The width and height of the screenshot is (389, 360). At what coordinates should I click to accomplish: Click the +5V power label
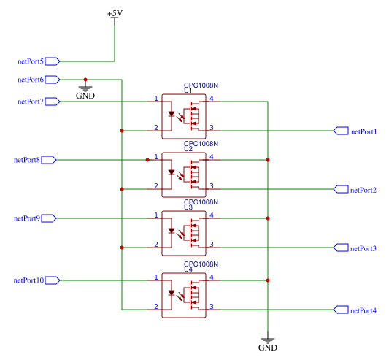tap(115, 13)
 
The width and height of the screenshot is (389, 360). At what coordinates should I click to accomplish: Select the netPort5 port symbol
tap(53, 61)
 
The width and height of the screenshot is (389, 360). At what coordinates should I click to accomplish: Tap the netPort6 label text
tap(31, 80)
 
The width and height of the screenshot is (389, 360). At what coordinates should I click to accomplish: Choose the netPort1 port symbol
tap(341, 131)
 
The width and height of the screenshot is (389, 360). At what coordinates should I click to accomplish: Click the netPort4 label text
tap(363, 310)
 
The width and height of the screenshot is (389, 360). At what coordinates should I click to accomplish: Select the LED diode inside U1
tap(172, 114)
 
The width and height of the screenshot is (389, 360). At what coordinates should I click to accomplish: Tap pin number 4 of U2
tap(212, 157)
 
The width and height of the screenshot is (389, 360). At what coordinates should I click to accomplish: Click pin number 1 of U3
tap(156, 215)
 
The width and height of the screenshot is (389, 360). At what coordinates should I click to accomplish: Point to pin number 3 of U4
tap(212, 307)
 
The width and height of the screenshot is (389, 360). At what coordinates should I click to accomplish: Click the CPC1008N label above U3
tap(201, 202)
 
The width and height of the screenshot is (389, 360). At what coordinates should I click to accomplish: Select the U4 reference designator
tap(188, 269)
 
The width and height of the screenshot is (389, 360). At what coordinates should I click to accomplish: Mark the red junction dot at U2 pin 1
tap(147, 160)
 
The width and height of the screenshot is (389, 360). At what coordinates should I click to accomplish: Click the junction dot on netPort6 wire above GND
tap(85, 80)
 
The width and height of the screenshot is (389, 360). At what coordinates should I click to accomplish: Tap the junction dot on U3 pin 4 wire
tap(268, 218)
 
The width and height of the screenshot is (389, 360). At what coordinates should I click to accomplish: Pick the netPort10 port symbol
tap(53, 280)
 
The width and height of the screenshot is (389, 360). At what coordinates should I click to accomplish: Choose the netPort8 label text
tap(27, 160)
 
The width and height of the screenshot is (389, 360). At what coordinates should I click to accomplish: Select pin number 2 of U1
tap(156, 128)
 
